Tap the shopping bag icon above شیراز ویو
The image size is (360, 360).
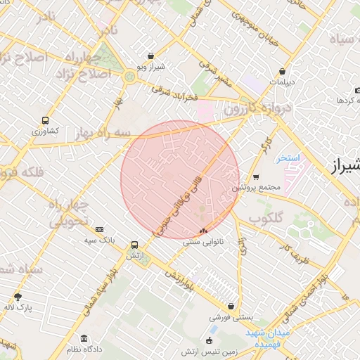coord(151,56)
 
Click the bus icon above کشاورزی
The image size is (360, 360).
coord(46,120)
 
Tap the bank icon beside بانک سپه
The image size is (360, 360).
coord(99,229)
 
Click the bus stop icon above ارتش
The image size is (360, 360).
coord(134,245)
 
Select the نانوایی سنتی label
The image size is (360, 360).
coord(202,241)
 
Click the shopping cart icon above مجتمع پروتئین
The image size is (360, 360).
coord(256,177)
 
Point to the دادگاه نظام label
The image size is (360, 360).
coord(85,349)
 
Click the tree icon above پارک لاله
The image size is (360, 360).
coord(18,296)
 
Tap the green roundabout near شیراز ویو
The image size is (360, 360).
coord(130,76)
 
